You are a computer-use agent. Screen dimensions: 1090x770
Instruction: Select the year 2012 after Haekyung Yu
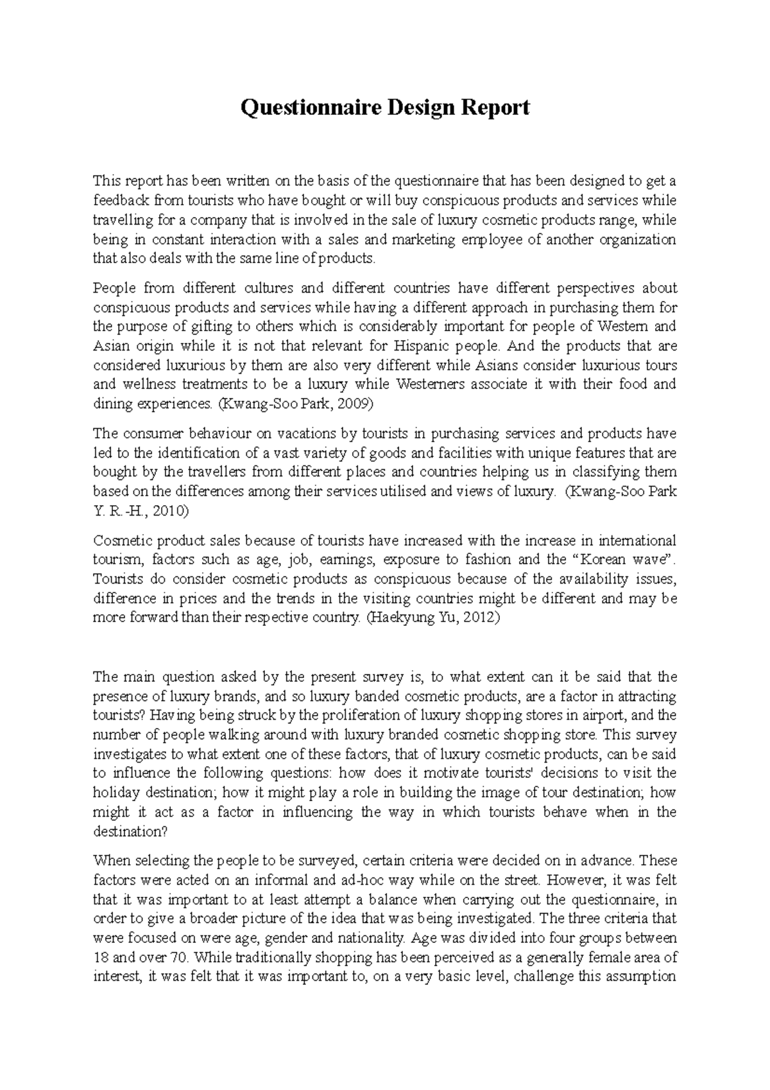(x=481, y=618)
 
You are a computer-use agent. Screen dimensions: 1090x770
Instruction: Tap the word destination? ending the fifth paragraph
(x=130, y=831)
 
